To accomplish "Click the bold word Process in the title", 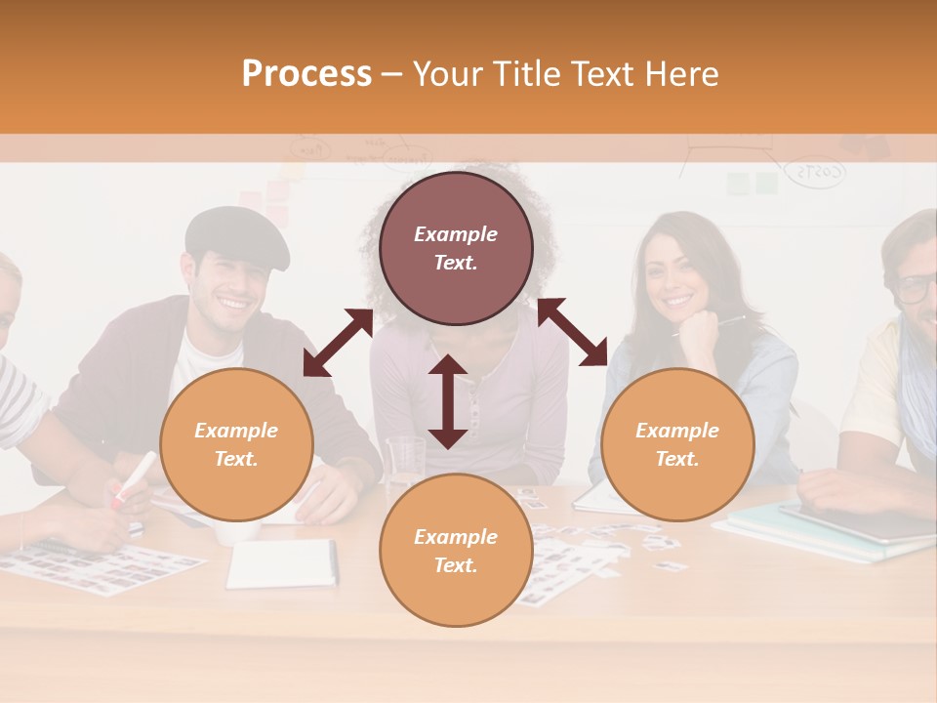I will click(x=306, y=74).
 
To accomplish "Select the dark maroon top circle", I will click(x=456, y=248).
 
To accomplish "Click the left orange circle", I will click(x=236, y=444).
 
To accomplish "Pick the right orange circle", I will click(x=677, y=444).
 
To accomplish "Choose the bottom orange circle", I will click(x=456, y=551).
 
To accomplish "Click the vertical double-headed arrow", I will click(x=448, y=401).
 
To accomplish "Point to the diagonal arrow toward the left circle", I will click(x=338, y=343).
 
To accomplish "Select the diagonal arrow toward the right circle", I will click(x=572, y=332).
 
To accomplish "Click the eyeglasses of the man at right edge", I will click(x=916, y=288).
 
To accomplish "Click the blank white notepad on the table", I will click(x=281, y=563).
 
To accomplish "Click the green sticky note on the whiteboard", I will click(x=766, y=183).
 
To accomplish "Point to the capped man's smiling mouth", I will click(x=233, y=302).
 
